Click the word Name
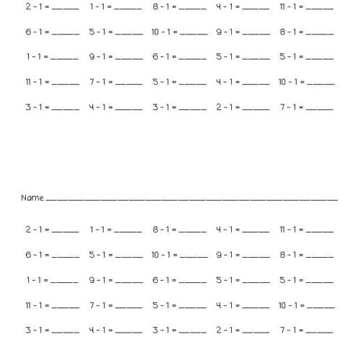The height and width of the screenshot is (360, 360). point(32,197)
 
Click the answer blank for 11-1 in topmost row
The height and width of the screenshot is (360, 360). point(320,9)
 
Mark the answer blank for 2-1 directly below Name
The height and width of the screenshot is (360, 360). point(65,232)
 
